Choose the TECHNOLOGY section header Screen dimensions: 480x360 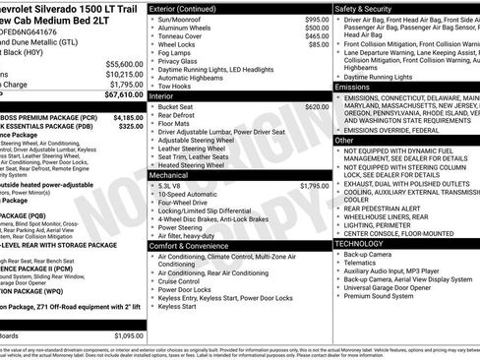[x=361, y=243]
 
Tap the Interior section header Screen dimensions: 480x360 [x=161, y=96]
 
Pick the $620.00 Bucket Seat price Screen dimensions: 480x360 [x=317, y=106]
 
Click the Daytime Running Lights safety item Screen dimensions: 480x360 [x=385, y=76]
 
